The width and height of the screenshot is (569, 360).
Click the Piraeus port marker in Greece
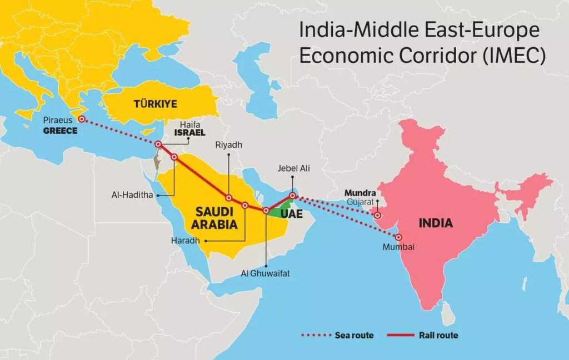(x=81, y=119)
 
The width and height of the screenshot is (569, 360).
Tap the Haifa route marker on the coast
(x=158, y=144)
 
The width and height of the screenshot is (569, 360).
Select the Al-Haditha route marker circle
(x=174, y=157)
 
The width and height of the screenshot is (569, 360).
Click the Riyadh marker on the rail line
(x=228, y=198)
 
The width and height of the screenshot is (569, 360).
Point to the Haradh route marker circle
(x=245, y=206)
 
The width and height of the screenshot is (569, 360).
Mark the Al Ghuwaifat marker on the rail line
(x=266, y=211)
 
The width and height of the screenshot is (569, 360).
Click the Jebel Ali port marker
(x=292, y=196)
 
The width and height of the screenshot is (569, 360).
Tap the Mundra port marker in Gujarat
(x=378, y=216)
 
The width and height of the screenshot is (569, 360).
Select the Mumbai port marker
(x=399, y=237)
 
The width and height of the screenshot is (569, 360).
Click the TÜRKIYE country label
(x=152, y=103)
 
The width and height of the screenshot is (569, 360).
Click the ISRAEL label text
(x=189, y=133)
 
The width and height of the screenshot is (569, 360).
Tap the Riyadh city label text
(x=228, y=145)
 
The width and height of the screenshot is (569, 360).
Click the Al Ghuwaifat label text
(x=266, y=274)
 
